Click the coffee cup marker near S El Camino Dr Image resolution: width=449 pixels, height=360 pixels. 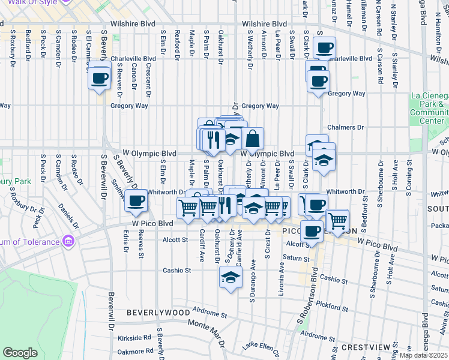click(x=100, y=77)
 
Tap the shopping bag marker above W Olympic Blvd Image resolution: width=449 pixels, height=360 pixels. click(x=253, y=139)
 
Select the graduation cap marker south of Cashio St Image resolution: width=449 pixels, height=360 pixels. click(x=229, y=276)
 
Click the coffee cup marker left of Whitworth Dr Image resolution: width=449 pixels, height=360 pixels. click(x=137, y=200)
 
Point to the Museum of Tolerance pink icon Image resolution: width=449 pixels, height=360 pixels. click(x=68, y=242)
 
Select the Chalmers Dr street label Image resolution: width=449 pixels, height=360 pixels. click(x=346, y=127)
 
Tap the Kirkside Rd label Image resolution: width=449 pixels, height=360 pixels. click(x=134, y=338)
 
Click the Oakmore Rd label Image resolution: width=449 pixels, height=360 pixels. click(x=135, y=352)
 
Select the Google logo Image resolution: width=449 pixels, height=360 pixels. click(x=20, y=353)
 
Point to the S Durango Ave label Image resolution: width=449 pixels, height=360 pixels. click(x=253, y=279)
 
